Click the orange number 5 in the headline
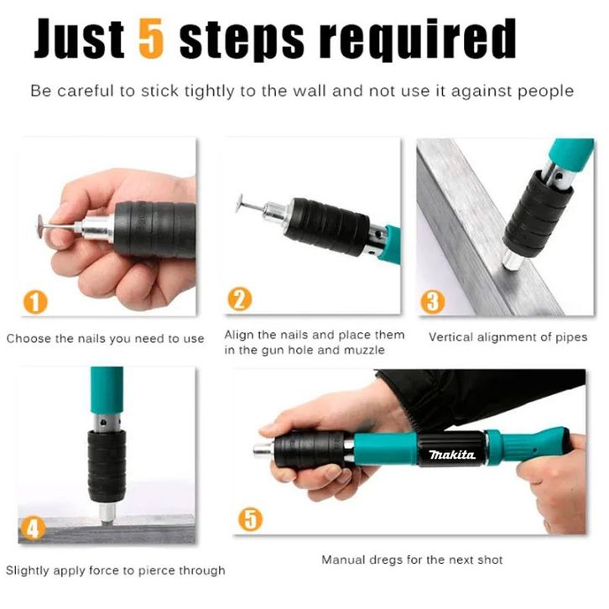pos(151,39)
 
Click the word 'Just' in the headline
pos(79,39)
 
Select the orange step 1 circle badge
pos(35,302)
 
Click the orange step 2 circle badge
pos(240,299)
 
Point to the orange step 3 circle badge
pos(433,302)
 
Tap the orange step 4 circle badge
pos(33,528)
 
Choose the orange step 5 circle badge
pos(251,519)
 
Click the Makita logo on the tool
pos(451,454)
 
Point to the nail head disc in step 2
pos(241,203)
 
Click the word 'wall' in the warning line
pos(310,91)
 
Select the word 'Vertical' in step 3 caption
pos(450,336)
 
